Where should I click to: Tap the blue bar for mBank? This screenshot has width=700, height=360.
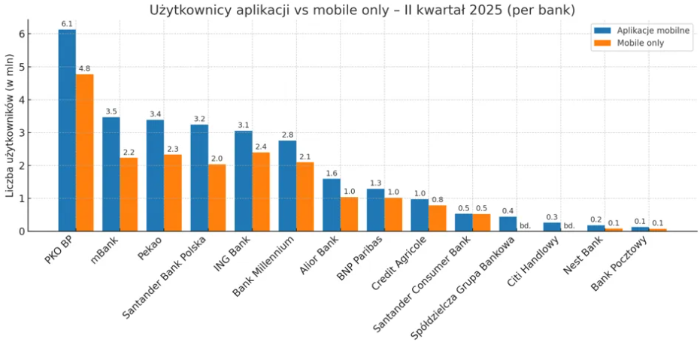click(x=111, y=174)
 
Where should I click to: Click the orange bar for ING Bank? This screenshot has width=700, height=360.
click(x=261, y=192)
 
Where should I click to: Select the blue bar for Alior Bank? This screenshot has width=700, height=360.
click(x=331, y=204)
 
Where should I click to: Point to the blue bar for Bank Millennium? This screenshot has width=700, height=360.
click(x=287, y=186)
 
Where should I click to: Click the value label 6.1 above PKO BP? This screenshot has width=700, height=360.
click(x=67, y=24)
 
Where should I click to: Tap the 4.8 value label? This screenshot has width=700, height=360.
click(x=84, y=68)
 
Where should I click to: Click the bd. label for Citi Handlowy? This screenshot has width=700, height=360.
click(x=569, y=225)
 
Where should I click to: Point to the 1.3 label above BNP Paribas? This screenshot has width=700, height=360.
click(x=375, y=183)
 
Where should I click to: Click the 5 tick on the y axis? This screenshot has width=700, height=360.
click(x=23, y=67)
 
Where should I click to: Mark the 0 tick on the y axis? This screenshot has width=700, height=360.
click(x=23, y=231)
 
